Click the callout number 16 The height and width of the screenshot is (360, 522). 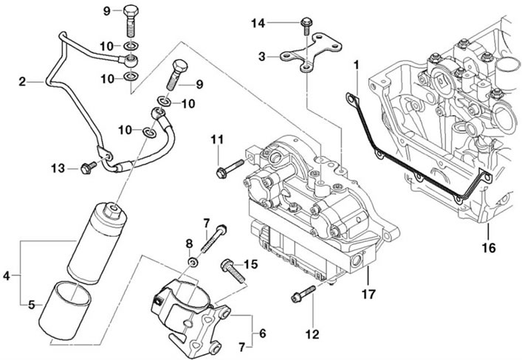pos(490,248)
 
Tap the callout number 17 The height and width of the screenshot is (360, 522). pos(368,294)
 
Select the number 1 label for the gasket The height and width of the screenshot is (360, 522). pos(357,65)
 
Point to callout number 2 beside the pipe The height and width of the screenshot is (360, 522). pos(22,81)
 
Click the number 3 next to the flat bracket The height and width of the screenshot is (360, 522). pos(262,57)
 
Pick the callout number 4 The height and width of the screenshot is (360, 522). pos(7,276)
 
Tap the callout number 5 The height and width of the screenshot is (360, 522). pos(31,305)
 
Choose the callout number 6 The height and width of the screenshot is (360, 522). pos(263,333)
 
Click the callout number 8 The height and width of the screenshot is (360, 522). pos(189,244)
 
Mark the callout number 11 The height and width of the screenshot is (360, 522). pos(217,139)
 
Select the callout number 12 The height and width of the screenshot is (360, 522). pos(312,334)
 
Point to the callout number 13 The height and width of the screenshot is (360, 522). pos(58,168)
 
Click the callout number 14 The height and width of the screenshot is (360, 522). pos(258,24)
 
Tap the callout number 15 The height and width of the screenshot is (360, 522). pos(251,265)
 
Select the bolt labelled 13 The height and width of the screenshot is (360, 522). pos(88,167)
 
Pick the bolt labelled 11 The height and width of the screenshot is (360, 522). pos(230,168)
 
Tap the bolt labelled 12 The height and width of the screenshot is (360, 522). pos(303,294)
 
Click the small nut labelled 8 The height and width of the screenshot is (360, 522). pos(193,263)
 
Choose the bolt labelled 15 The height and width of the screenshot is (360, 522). pos(233,270)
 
